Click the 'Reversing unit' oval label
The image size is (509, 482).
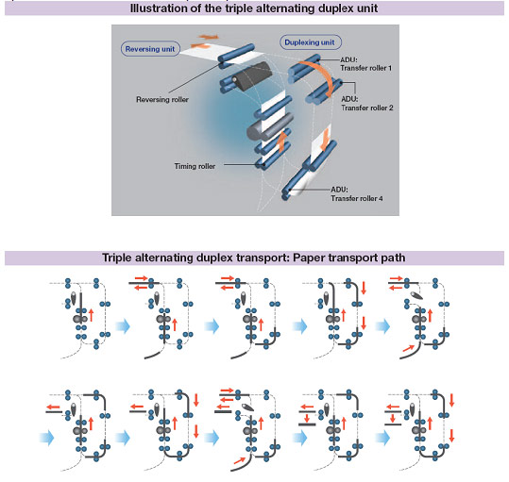(x=150, y=49)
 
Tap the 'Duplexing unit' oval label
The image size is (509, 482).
(x=311, y=42)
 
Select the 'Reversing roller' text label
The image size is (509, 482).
(x=162, y=99)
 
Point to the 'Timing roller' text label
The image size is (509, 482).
(x=195, y=166)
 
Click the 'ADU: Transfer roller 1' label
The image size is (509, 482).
(x=365, y=64)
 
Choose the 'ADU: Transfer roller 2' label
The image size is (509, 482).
(x=367, y=104)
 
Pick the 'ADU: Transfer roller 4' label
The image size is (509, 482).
(x=357, y=193)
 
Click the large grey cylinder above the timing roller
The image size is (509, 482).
(x=269, y=127)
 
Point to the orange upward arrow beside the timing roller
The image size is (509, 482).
(x=282, y=141)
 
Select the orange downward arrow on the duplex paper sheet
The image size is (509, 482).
(x=325, y=140)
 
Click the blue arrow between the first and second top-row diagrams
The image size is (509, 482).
(x=123, y=325)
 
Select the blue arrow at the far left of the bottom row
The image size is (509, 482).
(x=47, y=438)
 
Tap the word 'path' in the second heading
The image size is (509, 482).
(x=393, y=258)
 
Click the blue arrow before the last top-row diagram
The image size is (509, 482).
(x=382, y=325)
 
